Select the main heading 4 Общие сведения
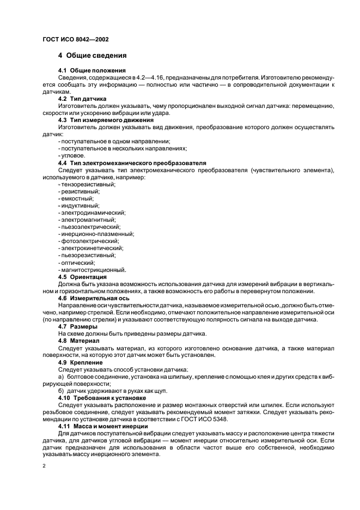(x=93, y=56)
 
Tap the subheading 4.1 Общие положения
(x=91, y=71)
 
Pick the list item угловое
(x=71, y=155)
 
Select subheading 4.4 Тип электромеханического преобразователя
(x=132, y=163)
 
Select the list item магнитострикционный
(x=91, y=269)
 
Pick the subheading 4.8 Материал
(x=79, y=341)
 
